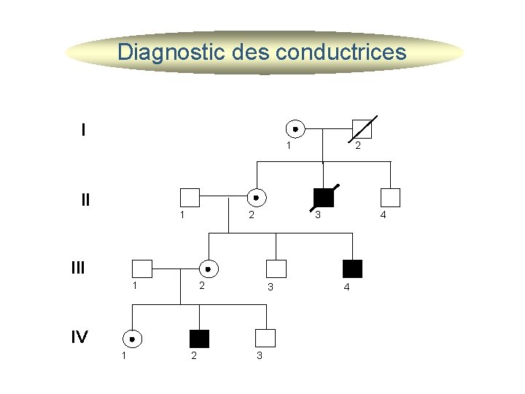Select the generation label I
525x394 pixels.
pos(84,131)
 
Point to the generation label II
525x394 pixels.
pos(86,199)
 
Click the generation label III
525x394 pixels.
pos(78,268)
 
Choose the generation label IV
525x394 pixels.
pos(79,337)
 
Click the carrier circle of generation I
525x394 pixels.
pos(295,129)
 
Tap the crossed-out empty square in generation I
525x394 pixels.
pos(362,129)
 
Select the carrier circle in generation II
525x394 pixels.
pos(256,198)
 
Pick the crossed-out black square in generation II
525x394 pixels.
pos(323,198)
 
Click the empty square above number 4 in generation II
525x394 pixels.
pos(391,198)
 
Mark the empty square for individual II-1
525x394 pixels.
pos(190,198)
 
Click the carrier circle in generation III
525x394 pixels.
pos(209,269)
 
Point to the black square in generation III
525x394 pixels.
pos(353,269)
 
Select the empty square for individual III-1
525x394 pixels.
pos(141,269)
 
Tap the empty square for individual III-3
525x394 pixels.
pos(276,269)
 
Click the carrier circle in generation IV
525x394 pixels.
pos(132,339)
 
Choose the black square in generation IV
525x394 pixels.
pos(199,339)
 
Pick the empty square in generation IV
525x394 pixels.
pos(266,339)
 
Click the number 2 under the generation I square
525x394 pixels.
pos(357,147)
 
